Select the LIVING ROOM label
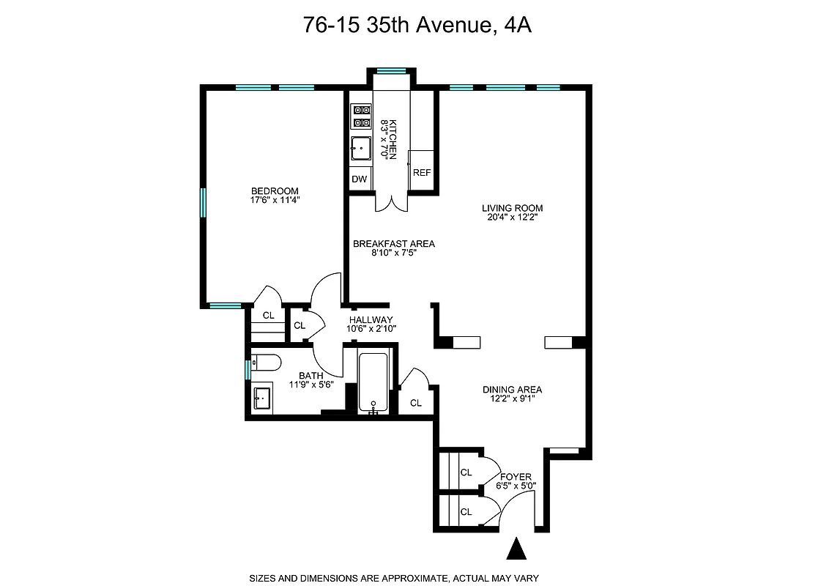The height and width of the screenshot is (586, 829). point(512,208)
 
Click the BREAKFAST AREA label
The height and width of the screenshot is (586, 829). point(393,244)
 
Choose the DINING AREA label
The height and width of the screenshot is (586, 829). point(512,390)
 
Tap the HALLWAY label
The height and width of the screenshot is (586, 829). point(371,320)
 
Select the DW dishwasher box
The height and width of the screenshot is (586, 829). point(359,179)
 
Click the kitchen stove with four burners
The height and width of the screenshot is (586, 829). point(360,117)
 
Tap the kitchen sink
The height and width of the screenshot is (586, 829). point(360,149)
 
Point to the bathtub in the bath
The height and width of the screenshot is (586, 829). point(374,382)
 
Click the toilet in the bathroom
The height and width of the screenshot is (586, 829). point(265,362)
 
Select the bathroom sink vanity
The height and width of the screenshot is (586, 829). point(262,399)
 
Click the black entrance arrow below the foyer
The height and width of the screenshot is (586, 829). point(517,549)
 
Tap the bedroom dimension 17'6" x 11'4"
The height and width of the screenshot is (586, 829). point(274,200)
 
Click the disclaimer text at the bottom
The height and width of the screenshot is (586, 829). point(394,578)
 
